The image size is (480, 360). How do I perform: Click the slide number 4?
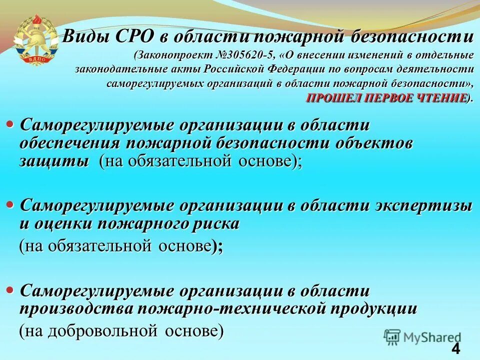455,348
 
